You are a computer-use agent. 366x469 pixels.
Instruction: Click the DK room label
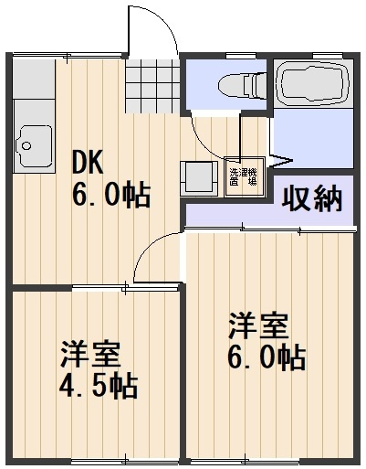tap(89, 162)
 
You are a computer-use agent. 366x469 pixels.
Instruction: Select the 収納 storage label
tap(311, 197)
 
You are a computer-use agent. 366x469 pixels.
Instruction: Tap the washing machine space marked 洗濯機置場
tap(243, 176)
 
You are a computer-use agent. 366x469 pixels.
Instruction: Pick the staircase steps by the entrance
tap(151, 87)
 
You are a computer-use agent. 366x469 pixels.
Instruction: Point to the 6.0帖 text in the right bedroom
tap(266, 357)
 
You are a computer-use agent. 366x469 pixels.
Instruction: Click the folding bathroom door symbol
tap(281, 161)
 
